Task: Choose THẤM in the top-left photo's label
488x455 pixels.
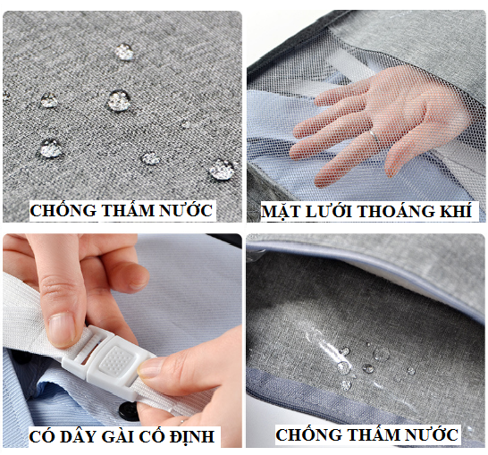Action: click(x=128, y=209)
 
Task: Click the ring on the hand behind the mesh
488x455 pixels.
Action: click(x=374, y=136)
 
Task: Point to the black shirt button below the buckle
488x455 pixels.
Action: click(x=127, y=410)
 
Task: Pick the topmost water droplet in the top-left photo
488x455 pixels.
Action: click(x=124, y=52)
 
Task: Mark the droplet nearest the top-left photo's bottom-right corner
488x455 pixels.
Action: click(x=222, y=170)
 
